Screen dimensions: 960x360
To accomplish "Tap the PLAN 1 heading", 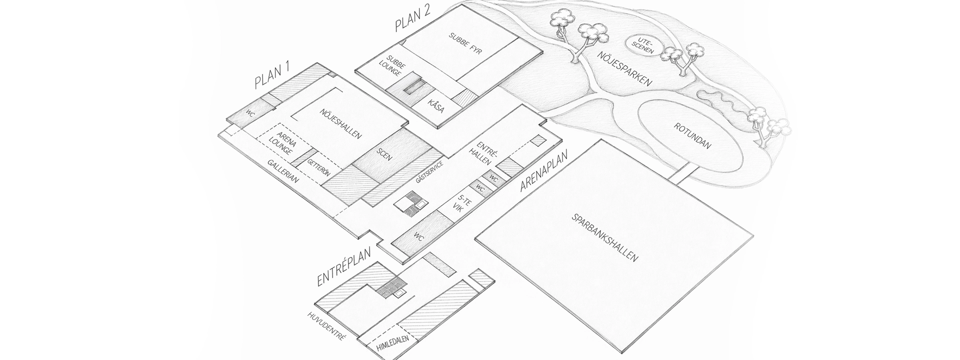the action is click(x=273, y=76).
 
